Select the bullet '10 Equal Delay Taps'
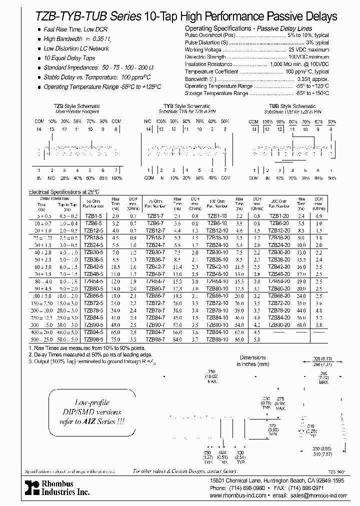tap(69, 58)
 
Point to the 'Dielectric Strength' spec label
tap(205, 57)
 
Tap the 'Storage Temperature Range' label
tap(216, 93)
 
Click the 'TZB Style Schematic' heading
tap(77, 106)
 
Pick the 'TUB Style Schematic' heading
tap(292, 106)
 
